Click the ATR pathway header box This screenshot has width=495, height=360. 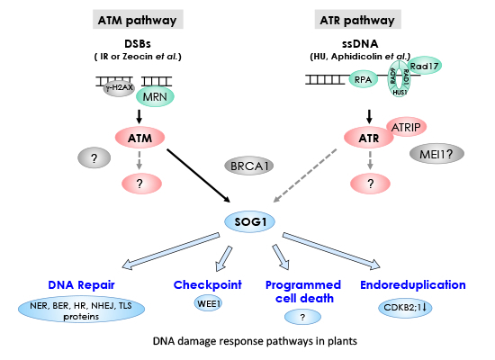click(x=370, y=20)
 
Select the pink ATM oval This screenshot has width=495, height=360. click(x=138, y=139)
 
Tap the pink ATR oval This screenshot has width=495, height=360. click(x=369, y=139)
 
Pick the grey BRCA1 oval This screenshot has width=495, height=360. click(x=247, y=167)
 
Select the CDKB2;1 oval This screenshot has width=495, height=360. click(x=407, y=306)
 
